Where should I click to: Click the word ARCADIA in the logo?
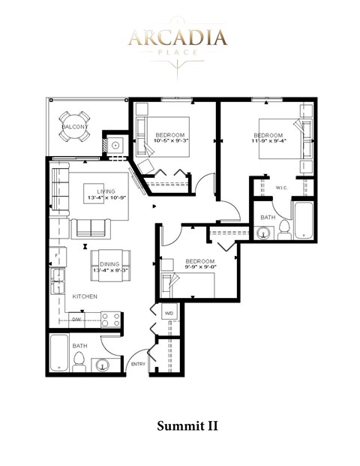(177, 38)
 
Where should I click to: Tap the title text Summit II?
(187, 426)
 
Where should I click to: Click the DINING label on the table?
(109, 263)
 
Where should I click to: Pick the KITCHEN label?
(85, 296)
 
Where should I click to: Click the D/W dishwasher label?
(76, 320)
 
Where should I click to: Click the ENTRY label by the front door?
(138, 364)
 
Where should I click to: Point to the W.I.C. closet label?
(282, 188)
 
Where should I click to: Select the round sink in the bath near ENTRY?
(103, 365)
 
